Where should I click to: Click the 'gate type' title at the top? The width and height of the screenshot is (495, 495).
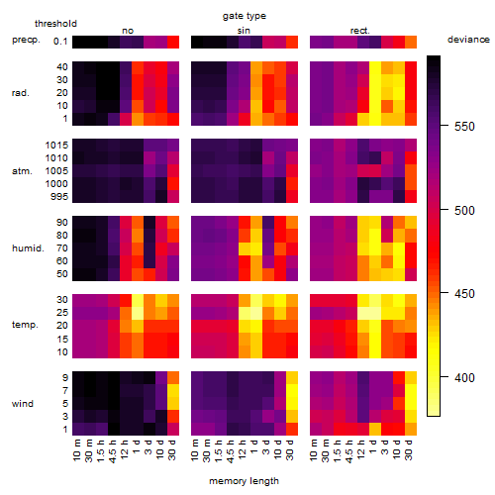coord(245,16)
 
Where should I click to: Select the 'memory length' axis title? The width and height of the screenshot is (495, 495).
coord(244,481)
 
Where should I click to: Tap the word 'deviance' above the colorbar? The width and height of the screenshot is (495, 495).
coord(468,40)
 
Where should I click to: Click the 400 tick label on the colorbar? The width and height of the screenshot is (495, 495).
coord(464,377)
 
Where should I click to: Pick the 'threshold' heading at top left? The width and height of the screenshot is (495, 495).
coord(55,24)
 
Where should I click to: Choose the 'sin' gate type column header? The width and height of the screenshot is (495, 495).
coord(244,31)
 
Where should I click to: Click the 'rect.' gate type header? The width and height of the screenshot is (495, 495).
coord(360,31)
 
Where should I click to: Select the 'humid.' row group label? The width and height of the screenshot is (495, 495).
coord(28,248)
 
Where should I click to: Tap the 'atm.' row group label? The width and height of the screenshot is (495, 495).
coord(22,171)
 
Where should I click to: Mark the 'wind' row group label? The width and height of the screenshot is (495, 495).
coord(23,403)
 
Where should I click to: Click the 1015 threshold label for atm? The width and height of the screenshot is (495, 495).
coord(56,145)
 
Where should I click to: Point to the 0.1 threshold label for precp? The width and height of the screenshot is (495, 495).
coord(60,42)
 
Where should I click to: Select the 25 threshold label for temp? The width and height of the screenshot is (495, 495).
coord(62,312)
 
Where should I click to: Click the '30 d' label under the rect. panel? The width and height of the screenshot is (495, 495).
coord(409,449)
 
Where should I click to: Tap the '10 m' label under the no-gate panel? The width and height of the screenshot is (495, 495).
coord(76,449)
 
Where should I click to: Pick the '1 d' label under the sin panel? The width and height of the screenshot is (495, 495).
coord(254,446)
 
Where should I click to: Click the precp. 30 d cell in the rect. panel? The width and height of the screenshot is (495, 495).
coord(411,42)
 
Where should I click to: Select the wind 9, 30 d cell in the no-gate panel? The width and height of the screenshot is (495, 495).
coord(173,377)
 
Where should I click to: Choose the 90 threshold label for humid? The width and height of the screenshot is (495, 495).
coord(62,222)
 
